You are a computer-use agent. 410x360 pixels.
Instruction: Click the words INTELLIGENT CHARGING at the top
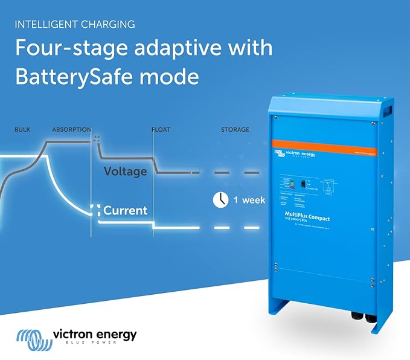[x=74, y=25]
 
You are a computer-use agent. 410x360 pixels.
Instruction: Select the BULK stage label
[x=22, y=129]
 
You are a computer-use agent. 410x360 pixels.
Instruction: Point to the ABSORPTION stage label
[x=71, y=129]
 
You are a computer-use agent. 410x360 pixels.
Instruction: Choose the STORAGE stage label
[x=235, y=129]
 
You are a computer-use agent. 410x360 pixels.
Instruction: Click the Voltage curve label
[x=125, y=172]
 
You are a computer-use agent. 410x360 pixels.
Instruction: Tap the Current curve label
[x=125, y=211]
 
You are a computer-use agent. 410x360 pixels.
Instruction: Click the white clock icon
[x=220, y=200]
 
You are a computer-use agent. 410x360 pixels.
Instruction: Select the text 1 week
[x=249, y=201]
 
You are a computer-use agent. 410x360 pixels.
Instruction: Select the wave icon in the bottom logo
[x=30, y=338]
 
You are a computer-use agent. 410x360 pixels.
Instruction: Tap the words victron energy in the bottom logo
[x=95, y=334]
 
